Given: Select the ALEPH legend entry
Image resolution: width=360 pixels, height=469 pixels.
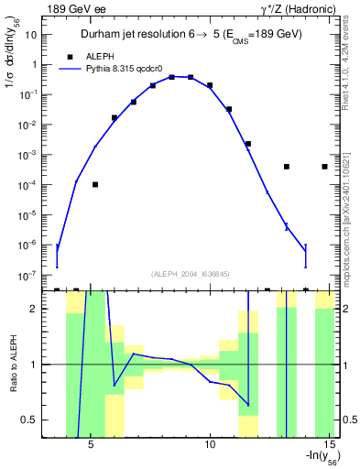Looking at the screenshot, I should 100,56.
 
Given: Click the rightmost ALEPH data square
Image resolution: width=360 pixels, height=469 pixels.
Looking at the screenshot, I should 325,167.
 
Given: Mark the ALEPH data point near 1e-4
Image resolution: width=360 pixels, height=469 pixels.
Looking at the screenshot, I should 95,184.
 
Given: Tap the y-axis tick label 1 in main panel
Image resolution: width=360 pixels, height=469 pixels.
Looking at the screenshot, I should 34,64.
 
